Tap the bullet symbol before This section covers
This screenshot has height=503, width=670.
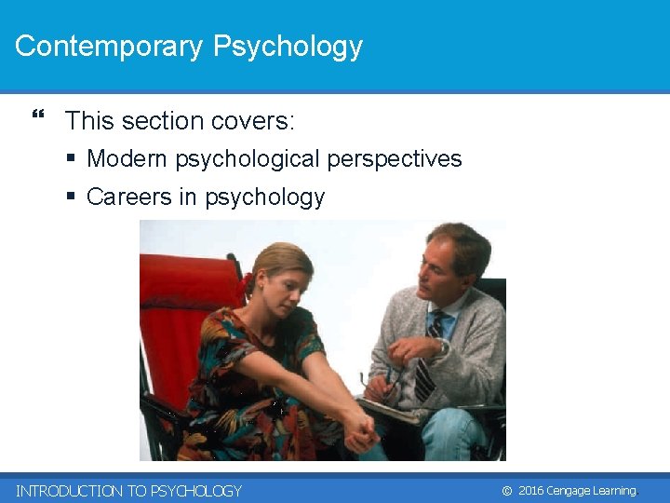[x=38, y=116]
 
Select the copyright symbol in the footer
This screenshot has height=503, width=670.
[x=506, y=491]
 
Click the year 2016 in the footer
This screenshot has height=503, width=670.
[x=530, y=491]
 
